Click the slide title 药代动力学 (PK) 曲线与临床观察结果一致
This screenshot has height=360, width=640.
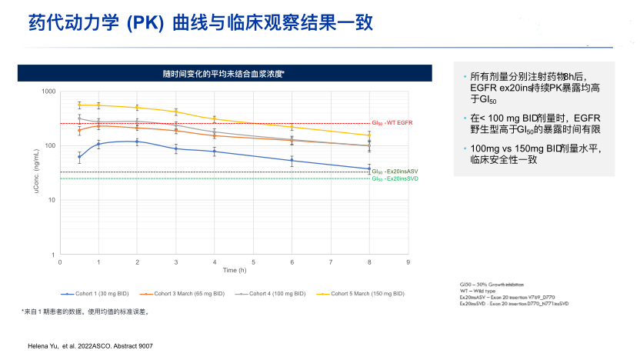(x=201, y=22)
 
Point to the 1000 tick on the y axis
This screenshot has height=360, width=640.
(x=48, y=92)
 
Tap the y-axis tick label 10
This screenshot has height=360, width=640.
(x=52, y=200)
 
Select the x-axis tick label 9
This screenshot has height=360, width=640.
(x=408, y=262)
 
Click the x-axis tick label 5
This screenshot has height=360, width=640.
(x=253, y=262)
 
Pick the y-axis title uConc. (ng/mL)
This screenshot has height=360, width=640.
(x=36, y=172)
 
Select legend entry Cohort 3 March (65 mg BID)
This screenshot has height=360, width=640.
(x=184, y=294)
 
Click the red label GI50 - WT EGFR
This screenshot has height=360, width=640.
(x=392, y=123)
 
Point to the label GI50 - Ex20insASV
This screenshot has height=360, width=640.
(x=395, y=172)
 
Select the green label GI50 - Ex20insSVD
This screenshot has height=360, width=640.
(x=395, y=178)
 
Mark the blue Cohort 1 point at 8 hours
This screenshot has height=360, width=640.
(x=369, y=168)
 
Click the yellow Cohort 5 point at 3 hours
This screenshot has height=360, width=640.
(x=175, y=112)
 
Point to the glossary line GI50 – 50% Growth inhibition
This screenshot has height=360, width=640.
(x=489, y=285)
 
